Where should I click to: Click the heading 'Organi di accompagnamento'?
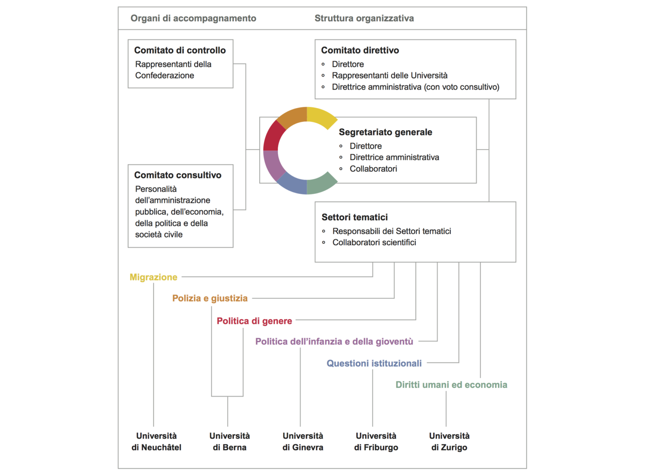tap(193, 18)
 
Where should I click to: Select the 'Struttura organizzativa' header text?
tap(364, 18)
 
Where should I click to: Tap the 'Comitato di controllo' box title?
tap(180, 50)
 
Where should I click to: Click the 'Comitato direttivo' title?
tap(360, 50)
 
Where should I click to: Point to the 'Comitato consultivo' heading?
tap(178, 175)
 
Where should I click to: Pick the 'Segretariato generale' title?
tap(386, 132)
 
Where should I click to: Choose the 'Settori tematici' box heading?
tap(355, 217)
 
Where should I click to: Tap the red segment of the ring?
tap(273, 136)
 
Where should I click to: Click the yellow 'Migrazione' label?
tap(153, 277)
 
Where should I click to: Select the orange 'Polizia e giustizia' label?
tap(210, 298)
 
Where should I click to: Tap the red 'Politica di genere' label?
tap(254, 321)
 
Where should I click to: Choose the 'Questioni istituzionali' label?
tap(374, 363)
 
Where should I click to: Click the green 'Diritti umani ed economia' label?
tap(451, 385)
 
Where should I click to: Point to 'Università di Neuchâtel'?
tap(156, 442)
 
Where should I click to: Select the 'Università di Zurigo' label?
tap(449, 442)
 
